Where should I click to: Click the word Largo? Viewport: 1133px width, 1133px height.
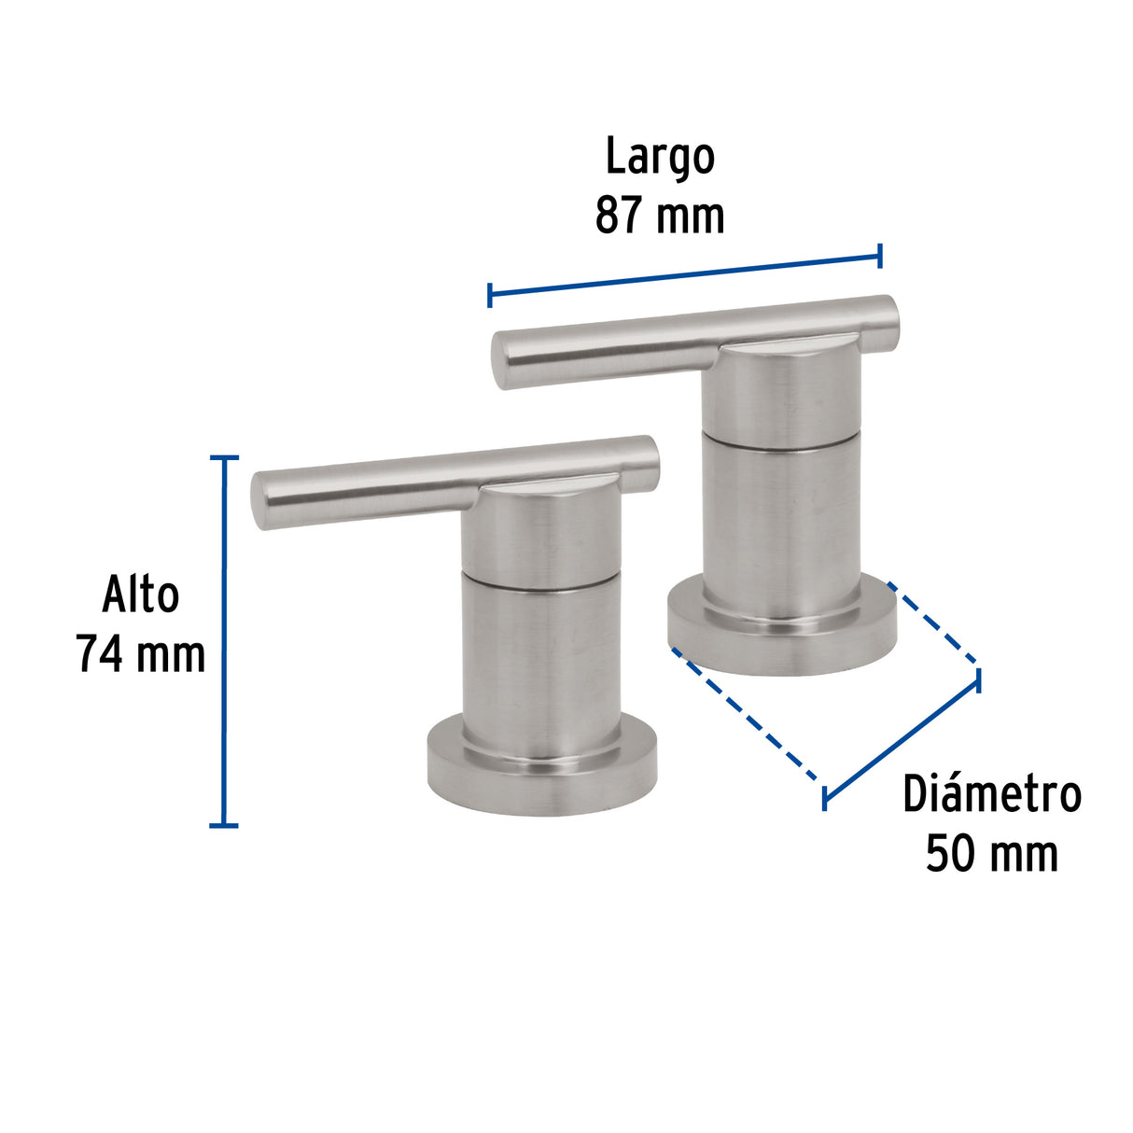[660, 157]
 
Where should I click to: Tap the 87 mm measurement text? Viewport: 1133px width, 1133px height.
[660, 216]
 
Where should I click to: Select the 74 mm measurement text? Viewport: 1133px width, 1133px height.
[141, 653]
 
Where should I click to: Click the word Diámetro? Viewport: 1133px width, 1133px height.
[991, 795]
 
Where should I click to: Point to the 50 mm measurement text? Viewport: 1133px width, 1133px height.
[991, 854]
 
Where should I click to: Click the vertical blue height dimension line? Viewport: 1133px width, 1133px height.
[223, 644]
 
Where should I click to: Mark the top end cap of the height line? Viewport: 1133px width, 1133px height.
[223, 458]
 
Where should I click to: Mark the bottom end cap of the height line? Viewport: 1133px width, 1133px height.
[223, 825]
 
